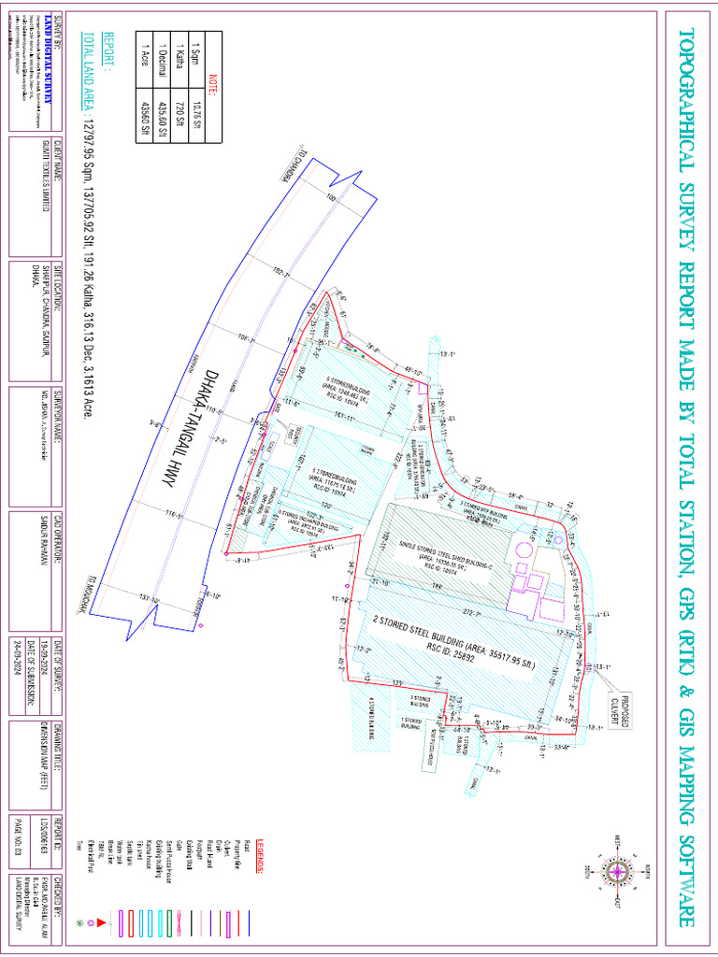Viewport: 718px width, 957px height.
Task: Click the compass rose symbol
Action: pos(618,871)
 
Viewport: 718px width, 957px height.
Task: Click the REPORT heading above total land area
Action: pos(108,50)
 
